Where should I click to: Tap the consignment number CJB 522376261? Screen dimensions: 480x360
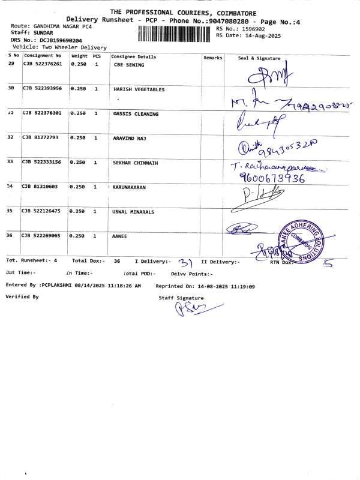coord(43,64)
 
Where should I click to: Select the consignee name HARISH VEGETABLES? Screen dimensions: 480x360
coord(139,89)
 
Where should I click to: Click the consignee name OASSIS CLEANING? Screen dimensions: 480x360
coord(136,114)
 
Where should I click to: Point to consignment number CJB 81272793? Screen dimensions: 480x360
coord(40,138)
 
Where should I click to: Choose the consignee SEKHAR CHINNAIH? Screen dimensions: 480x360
coord(137,163)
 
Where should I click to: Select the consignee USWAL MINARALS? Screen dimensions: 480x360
coord(133,212)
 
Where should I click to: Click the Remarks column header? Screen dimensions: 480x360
coord(212,58)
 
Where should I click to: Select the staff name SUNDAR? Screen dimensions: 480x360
coord(43,33)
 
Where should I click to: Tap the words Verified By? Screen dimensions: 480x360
coord(22,297)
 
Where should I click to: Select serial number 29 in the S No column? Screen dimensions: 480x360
coord(11,64)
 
